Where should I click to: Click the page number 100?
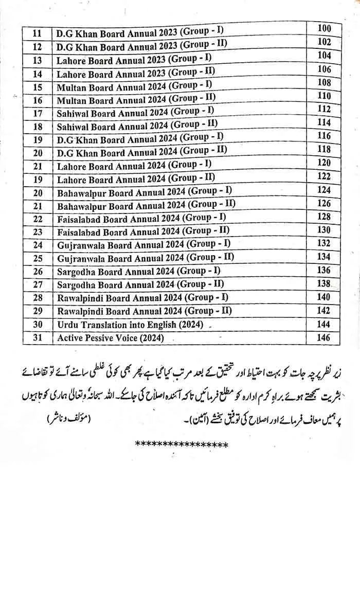pyautogui.click(x=324, y=28)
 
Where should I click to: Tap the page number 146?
pyautogui.click(x=324, y=337)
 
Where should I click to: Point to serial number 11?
pyautogui.click(x=37, y=33)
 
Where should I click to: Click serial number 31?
pyautogui.click(x=37, y=338)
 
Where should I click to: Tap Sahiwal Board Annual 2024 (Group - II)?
pyautogui.click(x=137, y=125)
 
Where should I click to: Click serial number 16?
pyautogui.click(x=37, y=100)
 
